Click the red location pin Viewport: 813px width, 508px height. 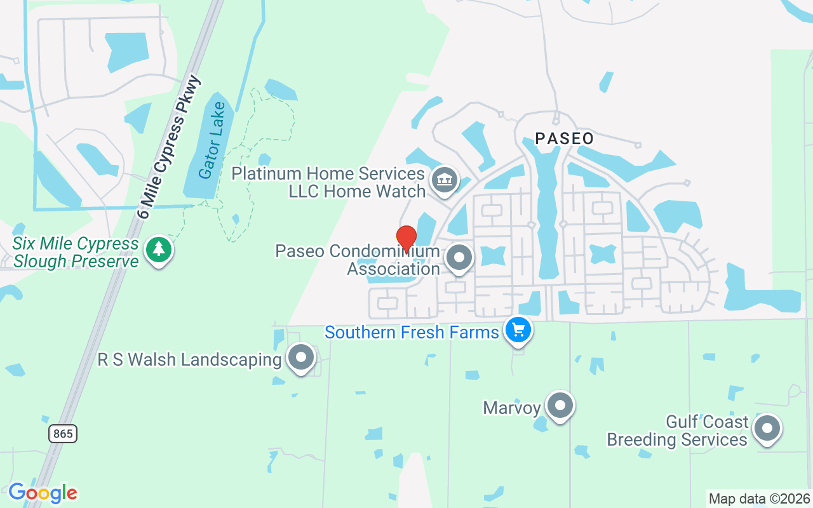pos(406,238)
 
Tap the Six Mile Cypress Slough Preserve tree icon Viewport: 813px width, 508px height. pos(159,250)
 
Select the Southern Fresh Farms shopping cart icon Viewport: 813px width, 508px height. pos(518,330)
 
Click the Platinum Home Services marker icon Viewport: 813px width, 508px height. pos(445,180)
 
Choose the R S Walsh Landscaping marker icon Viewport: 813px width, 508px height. pos(301,358)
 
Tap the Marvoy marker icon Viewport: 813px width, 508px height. pos(560,406)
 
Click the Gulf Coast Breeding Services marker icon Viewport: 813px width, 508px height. pos(767,429)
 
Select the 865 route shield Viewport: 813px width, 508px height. pos(63,434)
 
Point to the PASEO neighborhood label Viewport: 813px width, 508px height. pos(564,138)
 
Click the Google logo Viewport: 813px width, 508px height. pos(43,493)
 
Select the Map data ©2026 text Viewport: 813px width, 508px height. pos(759,498)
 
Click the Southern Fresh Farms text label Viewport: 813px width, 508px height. pos(412,332)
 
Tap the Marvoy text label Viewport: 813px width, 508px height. pos(511,407)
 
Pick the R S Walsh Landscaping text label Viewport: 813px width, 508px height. pos(189,360)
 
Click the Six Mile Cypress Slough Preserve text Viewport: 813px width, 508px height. pos(76,252)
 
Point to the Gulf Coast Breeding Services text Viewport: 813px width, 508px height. pos(677,431)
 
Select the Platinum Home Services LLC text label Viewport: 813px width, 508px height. pos(328,182)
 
